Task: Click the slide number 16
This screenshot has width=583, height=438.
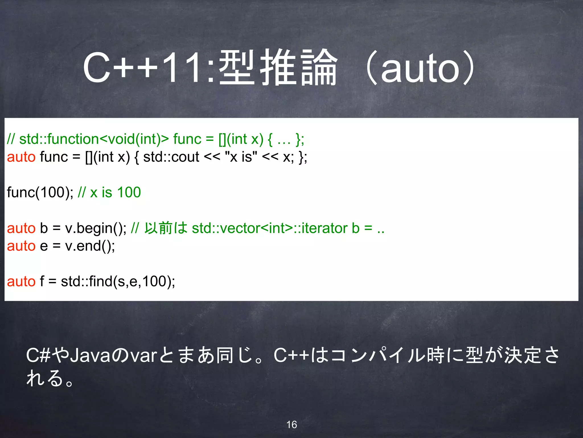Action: point(291,425)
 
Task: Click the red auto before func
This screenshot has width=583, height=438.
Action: point(21,157)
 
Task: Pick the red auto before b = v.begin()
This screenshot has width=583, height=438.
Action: point(21,228)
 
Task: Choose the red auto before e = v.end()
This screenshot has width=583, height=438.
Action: point(21,246)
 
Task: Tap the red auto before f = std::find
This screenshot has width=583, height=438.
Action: point(21,282)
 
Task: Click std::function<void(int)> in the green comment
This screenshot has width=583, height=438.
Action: point(94,139)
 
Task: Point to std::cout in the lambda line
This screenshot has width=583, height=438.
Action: point(171,157)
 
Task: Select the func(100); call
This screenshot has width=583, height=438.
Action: point(40,192)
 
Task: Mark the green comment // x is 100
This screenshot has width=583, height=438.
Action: point(109,192)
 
